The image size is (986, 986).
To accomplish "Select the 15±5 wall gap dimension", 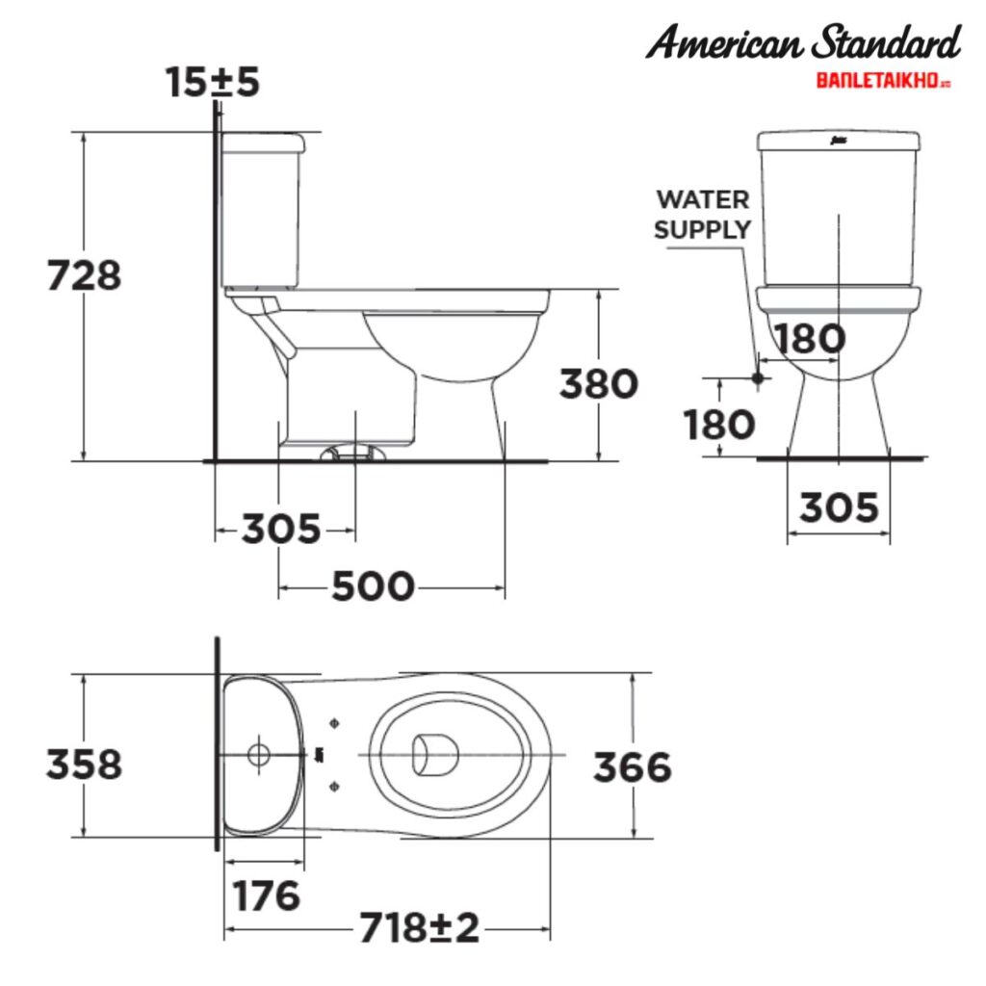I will (x=212, y=83).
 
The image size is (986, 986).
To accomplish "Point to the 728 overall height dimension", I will (x=85, y=275).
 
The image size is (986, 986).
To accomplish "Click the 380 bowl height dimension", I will (x=599, y=384).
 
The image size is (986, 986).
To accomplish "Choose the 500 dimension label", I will (x=374, y=585).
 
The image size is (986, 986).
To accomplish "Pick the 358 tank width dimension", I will (x=85, y=765).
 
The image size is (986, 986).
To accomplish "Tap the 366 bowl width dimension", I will (x=632, y=767).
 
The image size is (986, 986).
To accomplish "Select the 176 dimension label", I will (x=267, y=895).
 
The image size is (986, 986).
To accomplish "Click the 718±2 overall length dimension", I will (x=419, y=929).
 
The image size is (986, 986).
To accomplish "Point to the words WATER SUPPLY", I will (x=702, y=214).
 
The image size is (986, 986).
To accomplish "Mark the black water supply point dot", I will (x=758, y=377).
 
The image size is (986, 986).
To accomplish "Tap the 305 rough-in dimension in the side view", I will (x=280, y=529).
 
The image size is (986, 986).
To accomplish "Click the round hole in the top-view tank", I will (x=258, y=754).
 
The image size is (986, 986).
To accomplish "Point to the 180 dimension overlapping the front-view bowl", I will (x=810, y=339).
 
